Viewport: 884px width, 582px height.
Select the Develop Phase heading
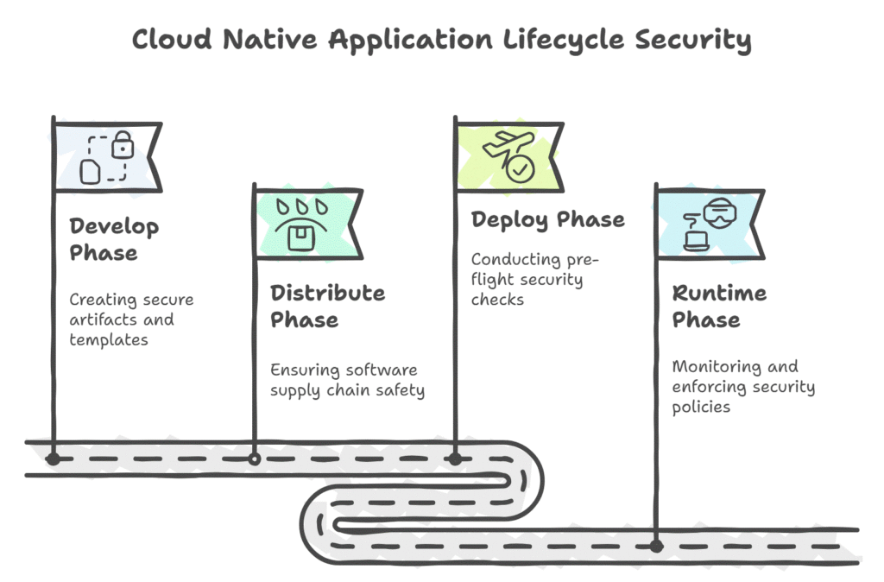pos(115,240)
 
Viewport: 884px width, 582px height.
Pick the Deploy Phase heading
pos(547,219)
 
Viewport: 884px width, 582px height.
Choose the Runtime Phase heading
pos(719,306)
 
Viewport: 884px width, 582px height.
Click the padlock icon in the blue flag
pos(123,144)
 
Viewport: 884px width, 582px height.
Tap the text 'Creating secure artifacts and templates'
pos(131,319)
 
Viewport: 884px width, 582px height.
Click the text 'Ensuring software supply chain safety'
pos(347,380)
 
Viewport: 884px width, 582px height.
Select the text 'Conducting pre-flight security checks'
pos(534,279)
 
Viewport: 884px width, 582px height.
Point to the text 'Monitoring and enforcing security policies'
pos(742,386)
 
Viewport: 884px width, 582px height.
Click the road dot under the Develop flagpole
pos(54,459)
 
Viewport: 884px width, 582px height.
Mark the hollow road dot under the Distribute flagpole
pos(254,459)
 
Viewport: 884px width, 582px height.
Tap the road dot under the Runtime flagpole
pos(656,546)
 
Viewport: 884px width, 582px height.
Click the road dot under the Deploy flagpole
pos(456,459)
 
